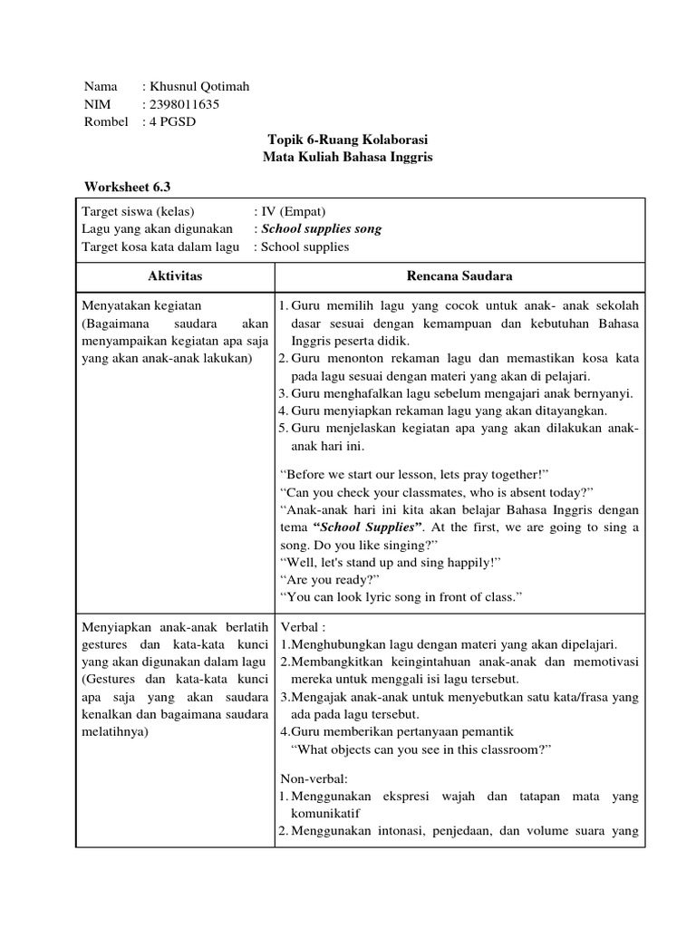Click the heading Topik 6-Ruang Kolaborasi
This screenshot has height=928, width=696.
click(347, 140)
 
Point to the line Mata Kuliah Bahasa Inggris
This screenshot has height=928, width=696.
click(347, 158)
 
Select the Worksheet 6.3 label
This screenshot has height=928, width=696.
click(126, 188)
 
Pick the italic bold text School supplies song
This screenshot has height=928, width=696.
click(321, 229)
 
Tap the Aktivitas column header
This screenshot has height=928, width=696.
click(175, 275)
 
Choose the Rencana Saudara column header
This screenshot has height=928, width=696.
click(459, 275)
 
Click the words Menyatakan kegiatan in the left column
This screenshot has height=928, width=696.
click(141, 306)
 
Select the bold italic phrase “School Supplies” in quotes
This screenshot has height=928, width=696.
click(367, 527)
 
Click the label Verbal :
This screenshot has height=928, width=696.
click(304, 627)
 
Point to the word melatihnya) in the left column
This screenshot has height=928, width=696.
click(118, 732)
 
